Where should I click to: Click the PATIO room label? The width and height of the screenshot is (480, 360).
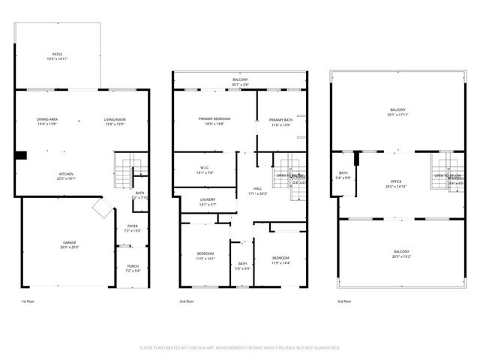(x=58, y=55)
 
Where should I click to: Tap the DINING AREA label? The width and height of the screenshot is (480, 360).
(x=47, y=119)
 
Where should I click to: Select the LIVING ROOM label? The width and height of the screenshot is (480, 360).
(x=114, y=119)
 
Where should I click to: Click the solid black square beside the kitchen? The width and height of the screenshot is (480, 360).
(x=22, y=155)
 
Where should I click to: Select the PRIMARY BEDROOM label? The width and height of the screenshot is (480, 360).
(x=214, y=119)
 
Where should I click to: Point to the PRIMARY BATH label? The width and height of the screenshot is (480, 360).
(x=281, y=120)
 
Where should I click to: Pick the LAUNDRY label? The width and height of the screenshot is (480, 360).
(x=207, y=199)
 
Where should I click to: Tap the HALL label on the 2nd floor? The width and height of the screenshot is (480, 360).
(x=257, y=188)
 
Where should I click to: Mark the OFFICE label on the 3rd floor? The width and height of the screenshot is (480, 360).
(x=395, y=181)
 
